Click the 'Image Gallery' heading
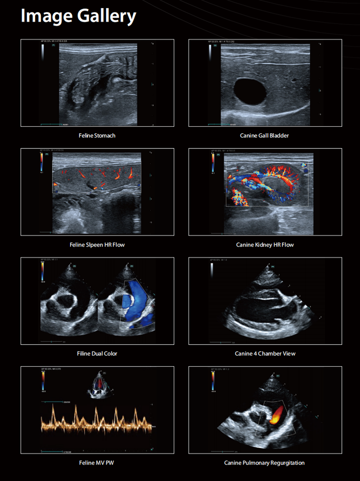click(78, 17)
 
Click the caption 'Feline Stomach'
click(97, 135)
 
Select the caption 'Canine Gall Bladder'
click(265, 135)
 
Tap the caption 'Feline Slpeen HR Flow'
click(97, 245)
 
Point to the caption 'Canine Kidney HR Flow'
click(265, 245)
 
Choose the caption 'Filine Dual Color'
click(97, 354)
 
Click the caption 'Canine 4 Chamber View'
click(265, 354)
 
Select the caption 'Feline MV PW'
click(97, 463)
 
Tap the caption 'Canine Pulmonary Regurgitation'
click(265, 463)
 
